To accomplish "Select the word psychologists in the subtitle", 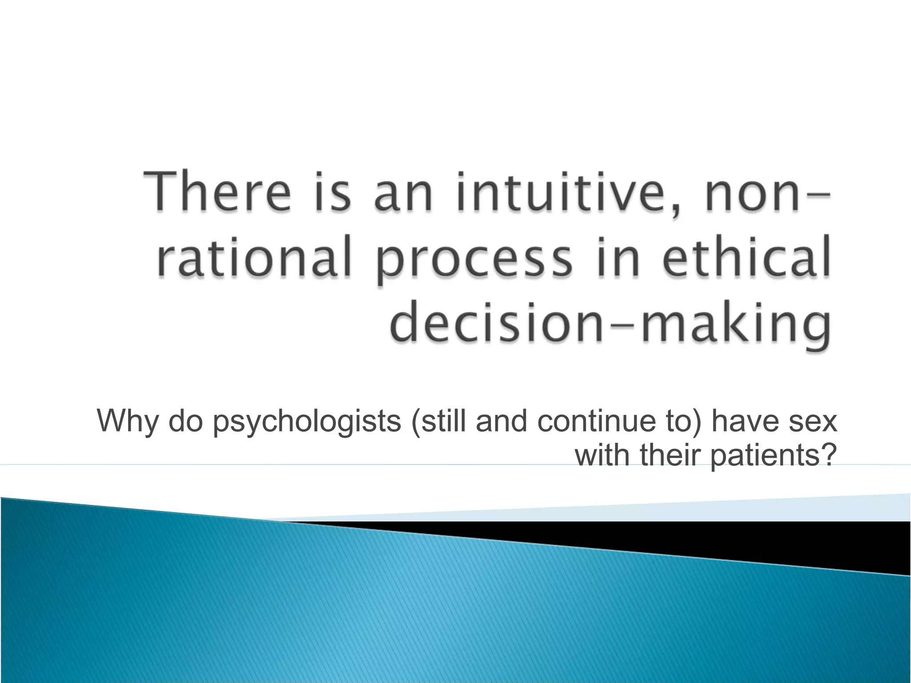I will (307, 422).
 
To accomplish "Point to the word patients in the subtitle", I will (764, 456).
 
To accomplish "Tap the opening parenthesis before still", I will (415, 421).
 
